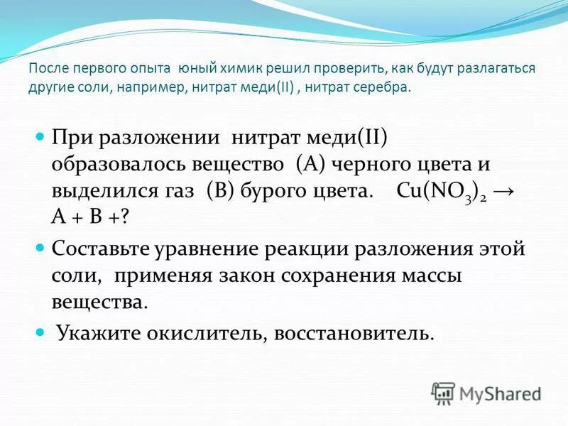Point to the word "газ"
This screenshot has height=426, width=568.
click(x=182, y=192)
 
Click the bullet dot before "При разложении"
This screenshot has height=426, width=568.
click(x=40, y=133)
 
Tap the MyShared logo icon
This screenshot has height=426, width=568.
click(x=443, y=392)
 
